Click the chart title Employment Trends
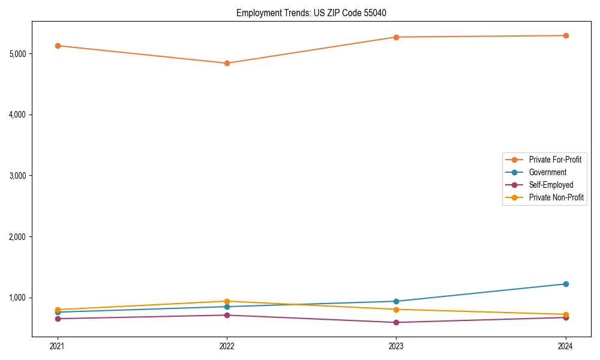[x=316, y=13]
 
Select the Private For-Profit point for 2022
[x=227, y=63]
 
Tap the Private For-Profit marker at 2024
[x=565, y=35]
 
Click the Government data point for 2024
[x=565, y=284]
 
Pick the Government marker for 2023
[x=396, y=301]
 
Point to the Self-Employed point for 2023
[x=396, y=322]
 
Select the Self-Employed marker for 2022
[x=227, y=315]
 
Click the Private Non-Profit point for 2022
[x=227, y=301]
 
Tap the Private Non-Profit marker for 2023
[x=396, y=309]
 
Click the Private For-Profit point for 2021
[x=58, y=46]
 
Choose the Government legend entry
[x=547, y=172]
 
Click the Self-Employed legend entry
[x=551, y=185]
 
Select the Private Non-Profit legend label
[x=556, y=197]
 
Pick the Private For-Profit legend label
[x=555, y=160]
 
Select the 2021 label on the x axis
[x=58, y=346]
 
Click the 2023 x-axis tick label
[x=396, y=346]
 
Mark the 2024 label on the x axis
[x=565, y=346]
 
